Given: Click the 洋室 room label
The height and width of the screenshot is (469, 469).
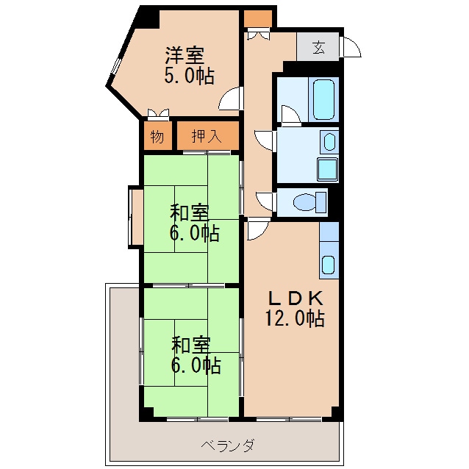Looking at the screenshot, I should point(185,54).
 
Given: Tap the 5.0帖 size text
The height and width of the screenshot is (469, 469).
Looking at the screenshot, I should point(189,76).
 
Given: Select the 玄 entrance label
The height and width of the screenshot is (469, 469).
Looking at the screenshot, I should point(318,47).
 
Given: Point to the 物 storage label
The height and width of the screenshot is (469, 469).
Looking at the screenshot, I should point(157,136).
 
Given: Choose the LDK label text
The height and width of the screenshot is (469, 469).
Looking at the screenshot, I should point(294,298).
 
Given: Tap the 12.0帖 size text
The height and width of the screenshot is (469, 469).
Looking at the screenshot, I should point(294,319).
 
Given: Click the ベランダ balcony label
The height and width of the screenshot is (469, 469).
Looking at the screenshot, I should point(228,445).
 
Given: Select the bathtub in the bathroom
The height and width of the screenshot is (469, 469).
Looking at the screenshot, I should point(323,99).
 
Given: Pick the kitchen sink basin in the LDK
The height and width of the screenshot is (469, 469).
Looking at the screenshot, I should point(329,265).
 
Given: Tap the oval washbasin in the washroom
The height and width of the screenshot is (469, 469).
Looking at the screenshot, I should point(329,140).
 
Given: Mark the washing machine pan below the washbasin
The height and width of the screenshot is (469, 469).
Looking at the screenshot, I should point(328,168).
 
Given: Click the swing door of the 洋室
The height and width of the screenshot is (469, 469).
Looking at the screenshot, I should point(232,98).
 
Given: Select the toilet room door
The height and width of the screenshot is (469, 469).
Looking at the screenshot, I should point(265,201).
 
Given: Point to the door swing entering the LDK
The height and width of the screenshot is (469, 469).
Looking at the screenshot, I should point(257,230).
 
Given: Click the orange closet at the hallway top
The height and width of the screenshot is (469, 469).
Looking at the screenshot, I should point(258,18).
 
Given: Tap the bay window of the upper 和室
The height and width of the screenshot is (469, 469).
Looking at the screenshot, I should point(135,217).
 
